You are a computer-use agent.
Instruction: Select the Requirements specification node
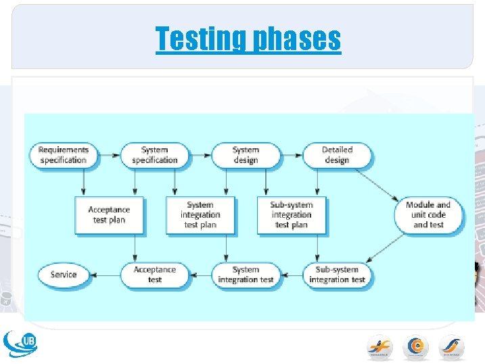pyautogui.click(x=63, y=155)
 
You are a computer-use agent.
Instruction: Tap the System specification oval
pyautogui.click(x=154, y=155)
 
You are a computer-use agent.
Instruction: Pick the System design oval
pyautogui.click(x=245, y=155)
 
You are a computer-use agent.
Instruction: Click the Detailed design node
pyautogui.click(x=336, y=155)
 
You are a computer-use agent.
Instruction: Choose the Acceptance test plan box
pyautogui.click(x=109, y=215)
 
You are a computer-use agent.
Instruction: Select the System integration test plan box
pyautogui.click(x=200, y=215)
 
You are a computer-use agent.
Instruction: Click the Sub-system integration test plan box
pyautogui.click(x=292, y=215)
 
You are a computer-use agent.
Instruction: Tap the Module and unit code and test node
pyautogui.click(x=428, y=214)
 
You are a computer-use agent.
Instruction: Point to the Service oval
pyautogui.click(x=63, y=275)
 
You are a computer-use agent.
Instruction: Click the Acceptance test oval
pyautogui.click(x=154, y=275)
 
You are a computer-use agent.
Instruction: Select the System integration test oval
pyautogui.click(x=245, y=275)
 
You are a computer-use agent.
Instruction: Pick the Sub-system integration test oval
pyautogui.click(x=336, y=275)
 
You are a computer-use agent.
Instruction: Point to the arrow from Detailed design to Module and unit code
pyautogui.click(x=377, y=184)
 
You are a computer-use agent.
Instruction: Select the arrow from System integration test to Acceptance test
pyautogui.click(x=200, y=275)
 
